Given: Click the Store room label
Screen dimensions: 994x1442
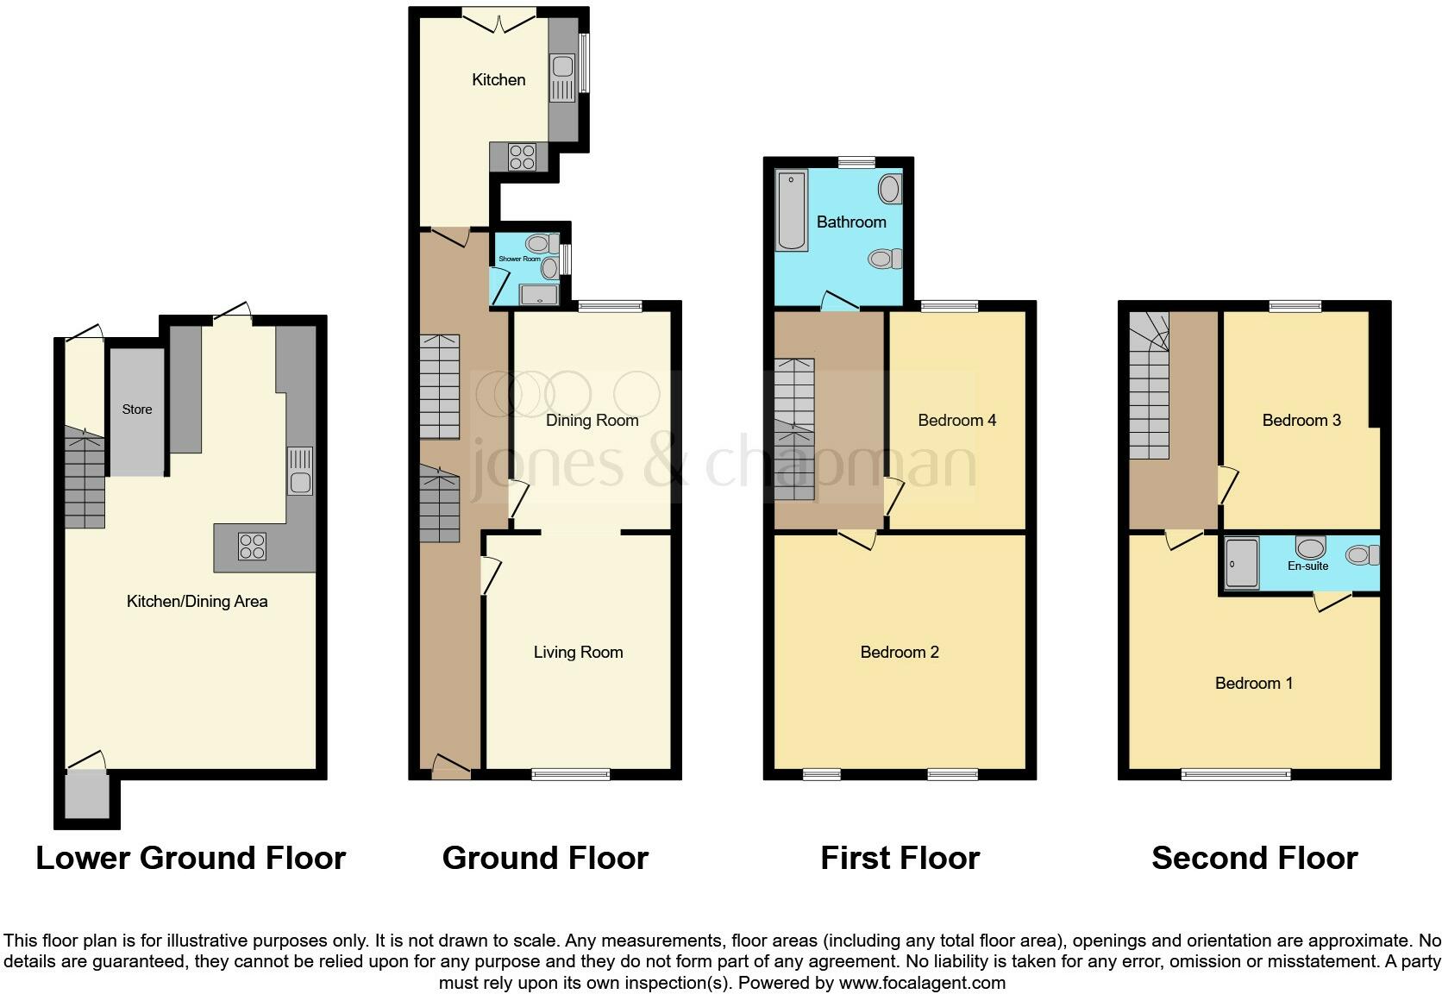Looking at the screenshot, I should coord(136,409).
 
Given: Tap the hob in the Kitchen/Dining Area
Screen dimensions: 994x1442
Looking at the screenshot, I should coord(252,546).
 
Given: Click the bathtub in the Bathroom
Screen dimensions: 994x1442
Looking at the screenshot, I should coord(791,212).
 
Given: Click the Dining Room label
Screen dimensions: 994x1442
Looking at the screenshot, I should coord(592,421).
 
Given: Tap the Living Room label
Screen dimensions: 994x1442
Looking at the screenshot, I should coord(578,653).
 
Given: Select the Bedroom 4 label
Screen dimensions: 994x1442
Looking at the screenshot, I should coord(956,421).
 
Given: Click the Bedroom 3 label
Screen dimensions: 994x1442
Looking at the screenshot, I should coord(1301,421).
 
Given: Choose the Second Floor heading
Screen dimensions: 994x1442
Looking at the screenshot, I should coord(1254,859).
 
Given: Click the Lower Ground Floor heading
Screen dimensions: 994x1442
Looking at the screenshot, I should coord(191,859).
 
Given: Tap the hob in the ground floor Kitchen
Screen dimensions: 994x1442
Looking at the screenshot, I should coord(522,157).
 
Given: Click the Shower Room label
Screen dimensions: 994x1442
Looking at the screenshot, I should coord(519,259).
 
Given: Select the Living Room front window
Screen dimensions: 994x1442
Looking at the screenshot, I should coord(570,774).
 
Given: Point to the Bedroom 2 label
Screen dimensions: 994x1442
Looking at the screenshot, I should coord(899,653).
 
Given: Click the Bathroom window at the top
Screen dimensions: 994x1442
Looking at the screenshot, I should coord(856,161).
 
